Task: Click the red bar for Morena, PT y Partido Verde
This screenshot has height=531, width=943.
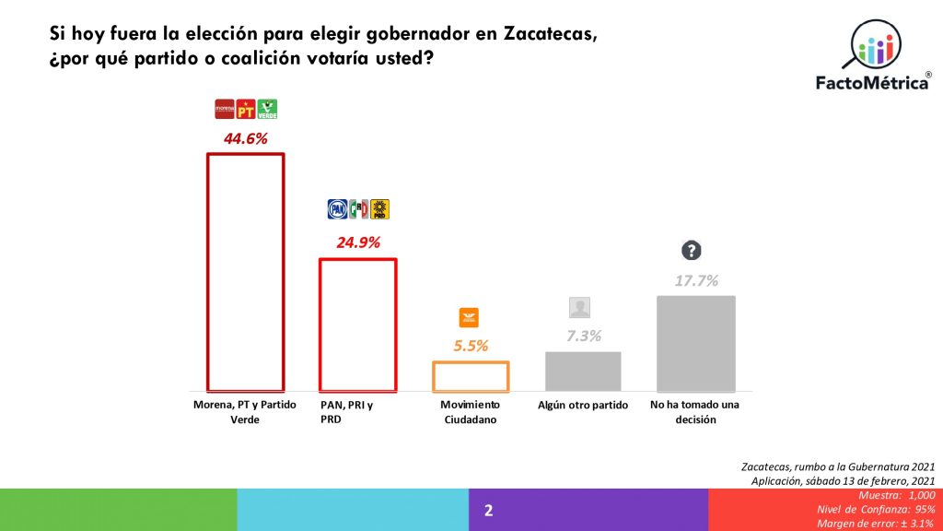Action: (x=244, y=272)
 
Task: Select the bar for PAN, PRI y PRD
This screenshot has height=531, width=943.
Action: (x=357, y=324)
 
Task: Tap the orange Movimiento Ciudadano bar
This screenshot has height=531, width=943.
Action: (x=471, y=376)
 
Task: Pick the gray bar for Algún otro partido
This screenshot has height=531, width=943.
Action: (x=583, y=372)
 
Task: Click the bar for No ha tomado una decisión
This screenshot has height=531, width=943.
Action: (x=695, y=344)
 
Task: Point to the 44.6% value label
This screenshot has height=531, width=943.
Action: (x=245, y=139)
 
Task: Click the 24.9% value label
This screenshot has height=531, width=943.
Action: (x=357, y=243)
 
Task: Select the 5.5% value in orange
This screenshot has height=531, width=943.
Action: (x=471, y=347)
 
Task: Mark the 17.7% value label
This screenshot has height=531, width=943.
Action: (x=695, y=280)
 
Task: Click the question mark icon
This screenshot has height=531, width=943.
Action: (x=691, y=250)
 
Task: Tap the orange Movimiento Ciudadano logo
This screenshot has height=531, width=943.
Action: (x=470, y=318)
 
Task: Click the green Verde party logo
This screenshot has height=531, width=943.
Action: (x=267, y=109)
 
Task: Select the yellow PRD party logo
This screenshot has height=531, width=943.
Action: (x=380, y=209)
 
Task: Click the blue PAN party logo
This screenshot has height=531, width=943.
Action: (x=337, y=209)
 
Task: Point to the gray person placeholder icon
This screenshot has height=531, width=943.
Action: (x=579, y=308)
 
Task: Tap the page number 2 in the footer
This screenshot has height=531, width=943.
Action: (x=489, y=510)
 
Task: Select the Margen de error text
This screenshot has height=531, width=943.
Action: (x=875, y=524)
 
